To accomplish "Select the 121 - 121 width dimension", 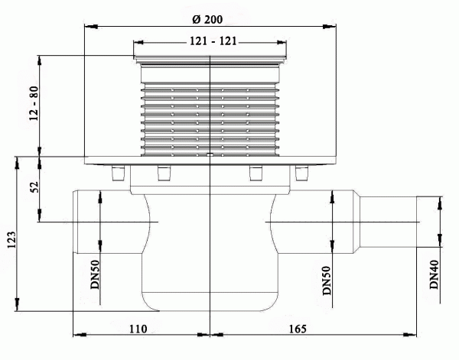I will click(210, 44).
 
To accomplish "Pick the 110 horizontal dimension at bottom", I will click(138, 329).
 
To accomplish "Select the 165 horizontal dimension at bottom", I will click(298, 329).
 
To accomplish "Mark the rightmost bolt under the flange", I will click(300, 174).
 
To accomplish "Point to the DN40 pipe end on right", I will click(417, 222).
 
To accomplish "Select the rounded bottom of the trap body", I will click(209, 306).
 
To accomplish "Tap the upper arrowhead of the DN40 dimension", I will click(440, 199).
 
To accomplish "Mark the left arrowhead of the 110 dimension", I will click(75, 334).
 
